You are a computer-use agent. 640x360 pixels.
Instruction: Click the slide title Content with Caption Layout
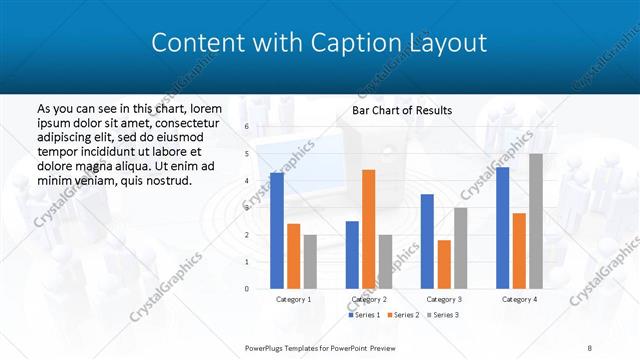pos(319,43)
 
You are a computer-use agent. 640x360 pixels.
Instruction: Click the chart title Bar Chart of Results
pos(401,110)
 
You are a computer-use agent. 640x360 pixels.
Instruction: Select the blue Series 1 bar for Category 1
pos(277,230)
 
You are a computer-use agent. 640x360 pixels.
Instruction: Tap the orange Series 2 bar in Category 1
pos(293,256)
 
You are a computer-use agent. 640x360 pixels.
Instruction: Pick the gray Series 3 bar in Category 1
pos(310,261)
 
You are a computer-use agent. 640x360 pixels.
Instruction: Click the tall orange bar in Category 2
pos(368,229)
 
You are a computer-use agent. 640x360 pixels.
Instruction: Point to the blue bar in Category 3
pos(427,241)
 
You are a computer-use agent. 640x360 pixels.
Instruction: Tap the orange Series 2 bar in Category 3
pos(444,264)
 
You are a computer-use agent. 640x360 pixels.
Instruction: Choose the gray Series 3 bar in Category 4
pos(536,221)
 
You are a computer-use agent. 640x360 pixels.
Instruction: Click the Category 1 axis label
pos(293,299)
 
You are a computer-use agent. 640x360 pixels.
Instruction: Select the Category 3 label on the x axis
pos(444,299)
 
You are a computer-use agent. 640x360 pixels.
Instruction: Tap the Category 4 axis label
pos(519,299)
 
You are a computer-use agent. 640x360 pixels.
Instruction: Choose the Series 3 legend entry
pos(443,315)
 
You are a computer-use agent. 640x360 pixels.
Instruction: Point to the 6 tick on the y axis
pos(246,127)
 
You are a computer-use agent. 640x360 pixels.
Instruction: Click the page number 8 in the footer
pos(590,348)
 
